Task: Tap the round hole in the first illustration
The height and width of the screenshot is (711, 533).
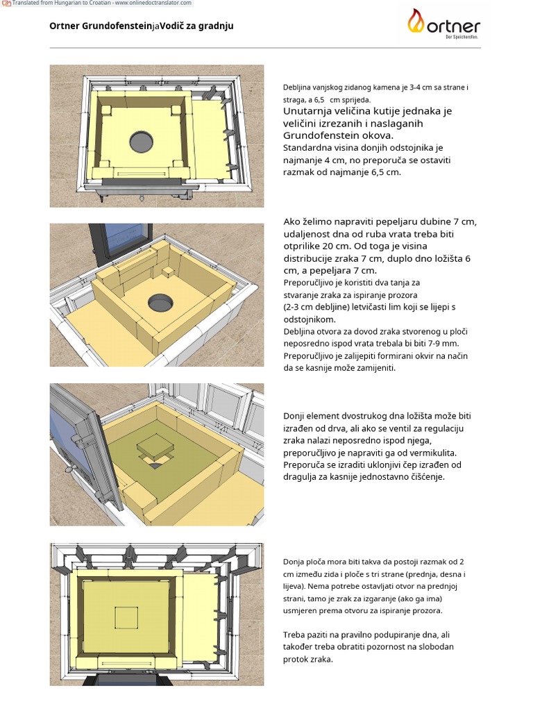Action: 142,142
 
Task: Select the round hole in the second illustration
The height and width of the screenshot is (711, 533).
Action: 161,302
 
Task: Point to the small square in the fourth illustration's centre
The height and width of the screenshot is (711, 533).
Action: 126,617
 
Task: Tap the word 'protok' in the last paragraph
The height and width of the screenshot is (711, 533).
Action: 296,660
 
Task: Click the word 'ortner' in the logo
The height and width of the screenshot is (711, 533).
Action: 453,26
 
